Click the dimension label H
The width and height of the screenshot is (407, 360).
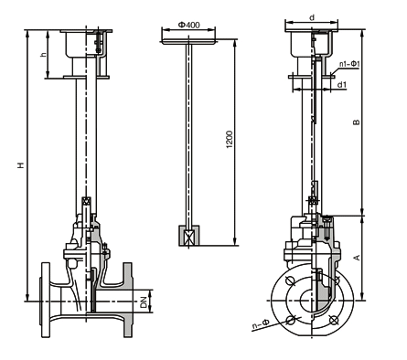pyautogui.click(x=21, y=165)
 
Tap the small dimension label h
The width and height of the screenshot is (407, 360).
pyautogui.click(x=44, y=55)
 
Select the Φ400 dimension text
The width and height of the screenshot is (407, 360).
pyautogui.click(x=189, y=25)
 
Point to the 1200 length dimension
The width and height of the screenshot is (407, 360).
pyautogui.click(x=230, y=140)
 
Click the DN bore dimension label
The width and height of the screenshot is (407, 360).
pyautogui.click(x=144, y=302)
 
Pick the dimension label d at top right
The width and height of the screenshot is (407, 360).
pyautogui.click(x=312, y=17)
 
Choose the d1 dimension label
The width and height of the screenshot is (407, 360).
pyautogui.click(x=342, y=85)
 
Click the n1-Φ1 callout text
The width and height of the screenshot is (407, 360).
pyautogui.click(x=350, y=64)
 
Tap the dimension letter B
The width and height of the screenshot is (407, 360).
pyautogui.click(x=356, y=122)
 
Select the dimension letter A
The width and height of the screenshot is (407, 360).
pyautogui.click(x=356, y=258)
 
